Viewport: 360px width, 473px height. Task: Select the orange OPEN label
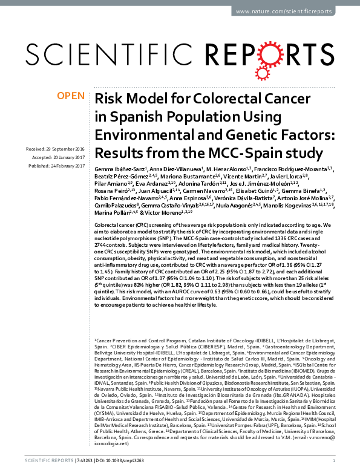(71, 96)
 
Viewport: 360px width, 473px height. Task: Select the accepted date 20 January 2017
(66, 155)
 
